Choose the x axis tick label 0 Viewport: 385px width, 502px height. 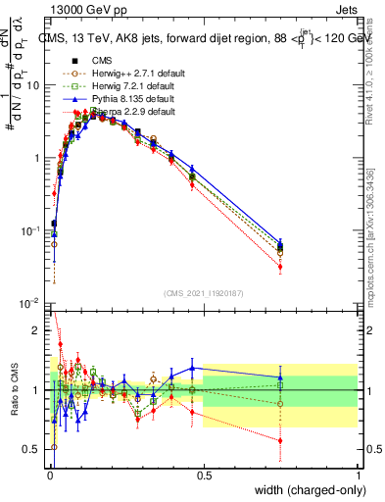(49, 477)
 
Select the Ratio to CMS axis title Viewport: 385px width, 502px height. (15, 390)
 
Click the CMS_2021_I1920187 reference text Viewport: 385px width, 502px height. (203, 293)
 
